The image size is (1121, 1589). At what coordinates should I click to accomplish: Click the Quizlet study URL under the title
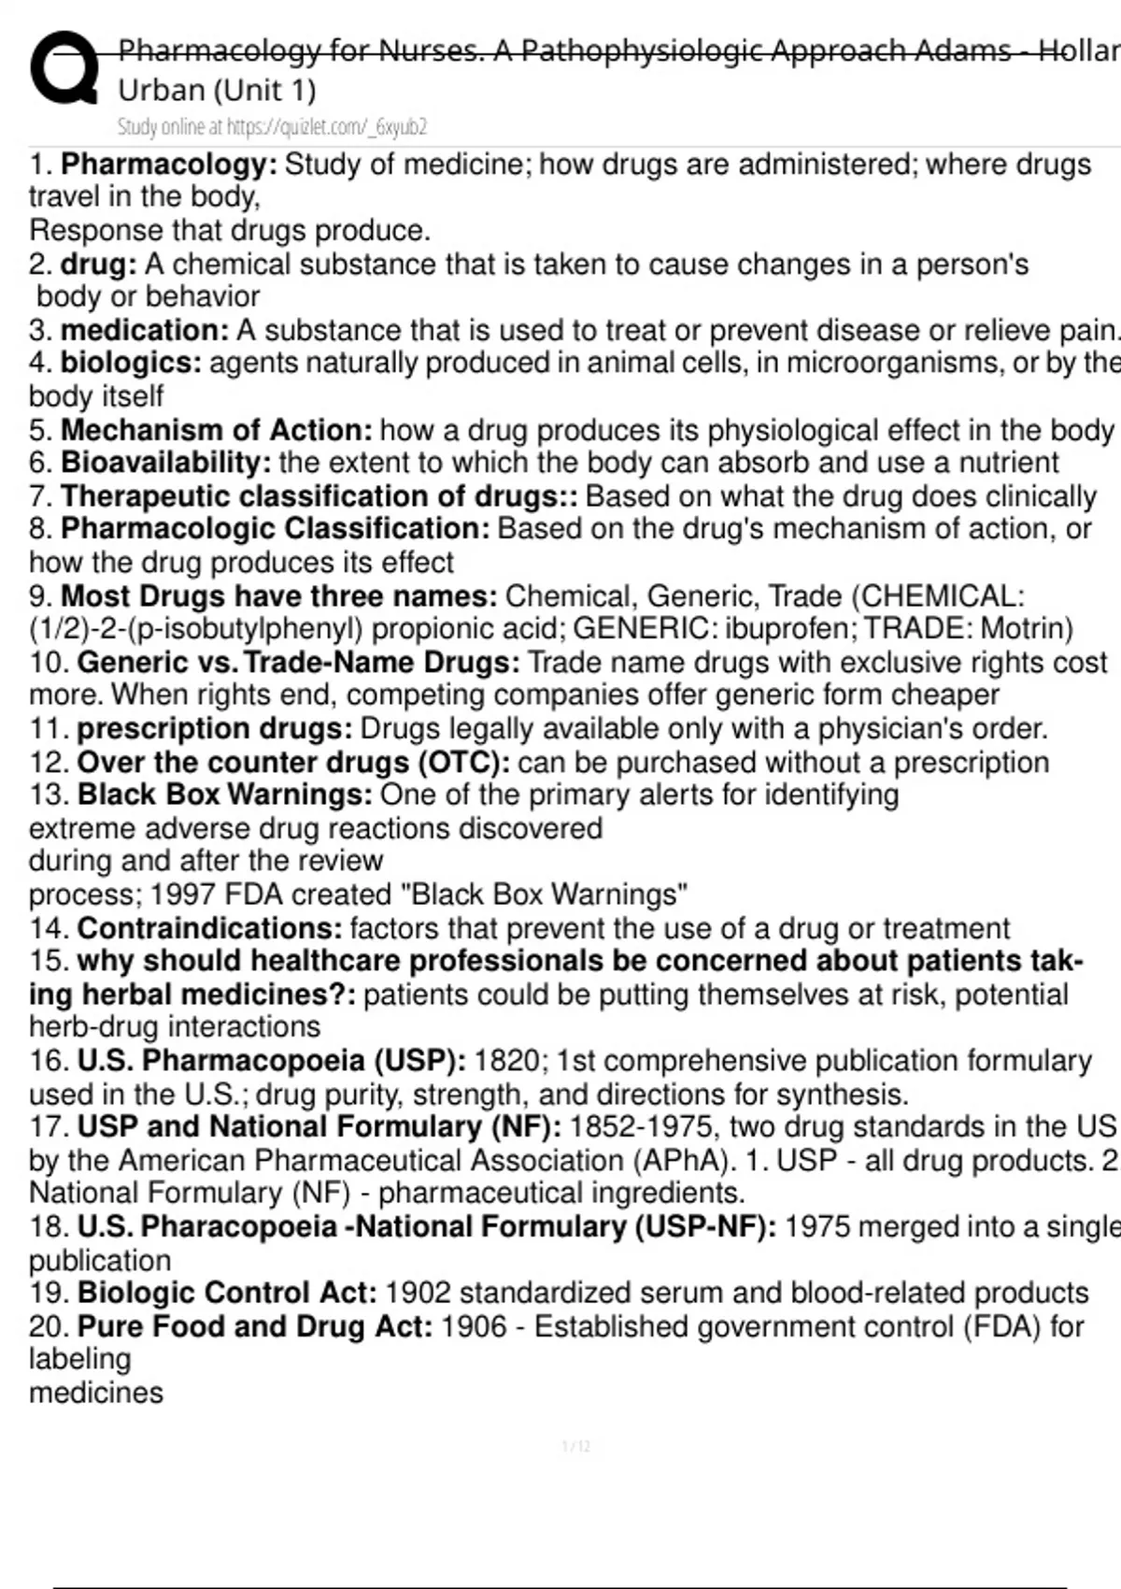(x=272, y=127)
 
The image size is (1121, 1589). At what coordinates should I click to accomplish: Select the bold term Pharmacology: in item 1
(x=169, y=165)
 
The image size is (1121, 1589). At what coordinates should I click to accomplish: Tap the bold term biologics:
(x=131, y=363)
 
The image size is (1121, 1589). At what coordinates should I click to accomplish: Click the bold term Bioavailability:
(x=166, y=463)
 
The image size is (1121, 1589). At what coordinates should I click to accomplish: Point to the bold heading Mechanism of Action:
(x=216, y=430)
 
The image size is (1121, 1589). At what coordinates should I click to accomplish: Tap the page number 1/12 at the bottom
(x=576, y=1447)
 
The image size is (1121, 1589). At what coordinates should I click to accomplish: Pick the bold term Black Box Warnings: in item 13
(x=225, y=794)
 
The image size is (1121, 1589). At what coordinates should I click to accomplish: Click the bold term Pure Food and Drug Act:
(x=255, y=1326)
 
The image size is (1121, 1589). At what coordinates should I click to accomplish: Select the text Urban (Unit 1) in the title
(x=217, y=91)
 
